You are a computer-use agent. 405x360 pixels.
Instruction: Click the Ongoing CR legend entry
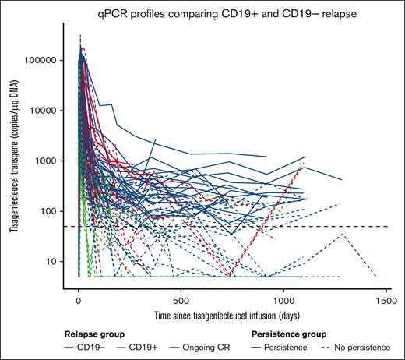(x=203, y=344)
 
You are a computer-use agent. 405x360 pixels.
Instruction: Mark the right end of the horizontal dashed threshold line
(x=388, y=227)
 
